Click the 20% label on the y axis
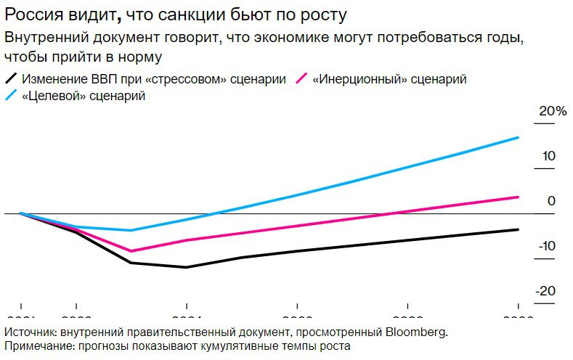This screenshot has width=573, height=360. [551, 111]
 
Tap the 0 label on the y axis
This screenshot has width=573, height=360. [551, 201]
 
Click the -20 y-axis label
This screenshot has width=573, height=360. [546, 291]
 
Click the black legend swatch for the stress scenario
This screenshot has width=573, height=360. [11, 78]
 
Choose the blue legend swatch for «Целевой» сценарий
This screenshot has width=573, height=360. [11, 97]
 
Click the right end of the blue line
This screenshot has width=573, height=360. [519, 137]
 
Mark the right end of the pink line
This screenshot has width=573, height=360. [519, 197]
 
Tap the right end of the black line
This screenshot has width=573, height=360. [519, 229]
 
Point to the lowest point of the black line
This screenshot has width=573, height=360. [187, 267]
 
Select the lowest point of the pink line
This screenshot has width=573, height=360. [131, 251]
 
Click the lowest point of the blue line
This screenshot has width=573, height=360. [131, 230]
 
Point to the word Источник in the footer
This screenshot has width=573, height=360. [28, 332]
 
